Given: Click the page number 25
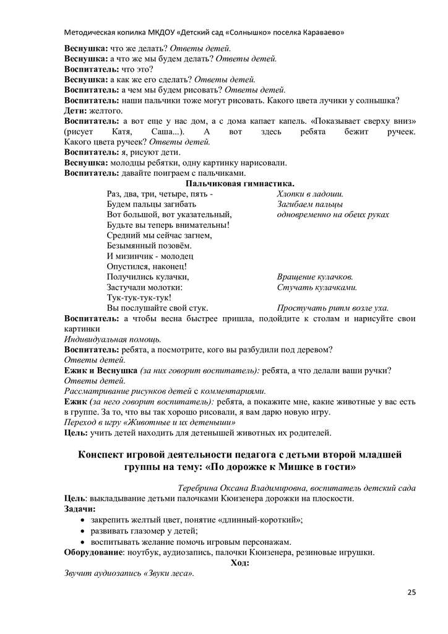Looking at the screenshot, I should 411,593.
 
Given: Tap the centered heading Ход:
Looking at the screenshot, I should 239,562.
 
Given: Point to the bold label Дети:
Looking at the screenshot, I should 77,110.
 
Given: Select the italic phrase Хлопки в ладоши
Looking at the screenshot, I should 310,194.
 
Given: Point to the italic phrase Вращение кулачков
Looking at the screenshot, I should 315,277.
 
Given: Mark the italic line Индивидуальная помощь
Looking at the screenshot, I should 113,339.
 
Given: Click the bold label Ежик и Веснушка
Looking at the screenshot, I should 101,371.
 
